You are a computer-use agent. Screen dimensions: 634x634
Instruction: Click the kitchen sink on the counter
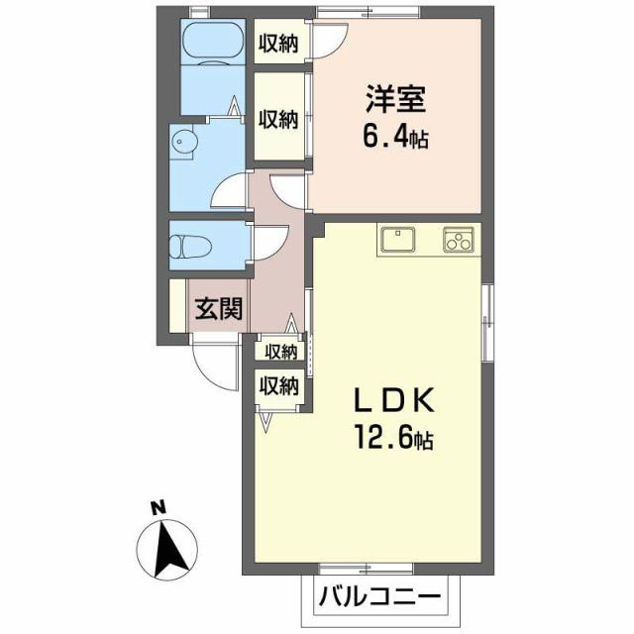coord(398,240)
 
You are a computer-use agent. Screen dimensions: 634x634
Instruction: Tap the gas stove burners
coord(458,240)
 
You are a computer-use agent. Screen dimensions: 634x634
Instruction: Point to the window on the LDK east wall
coord(486,321)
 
